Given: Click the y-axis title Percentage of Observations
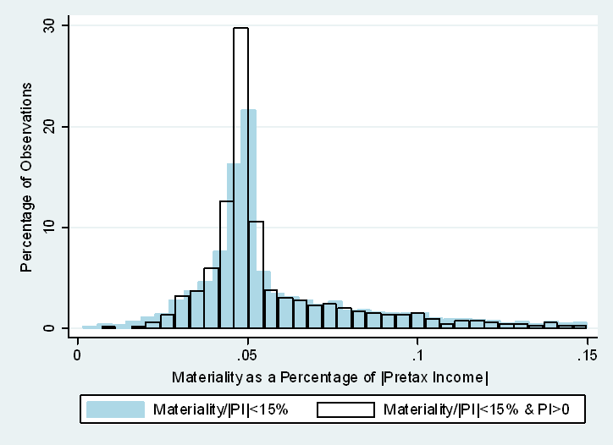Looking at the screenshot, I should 27,177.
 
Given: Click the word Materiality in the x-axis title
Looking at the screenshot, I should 202,376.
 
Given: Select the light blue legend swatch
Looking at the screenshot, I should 116,409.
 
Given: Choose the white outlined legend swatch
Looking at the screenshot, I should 345,409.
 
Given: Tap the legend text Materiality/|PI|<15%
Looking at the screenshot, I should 221,410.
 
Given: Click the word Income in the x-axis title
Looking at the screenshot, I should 462,376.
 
